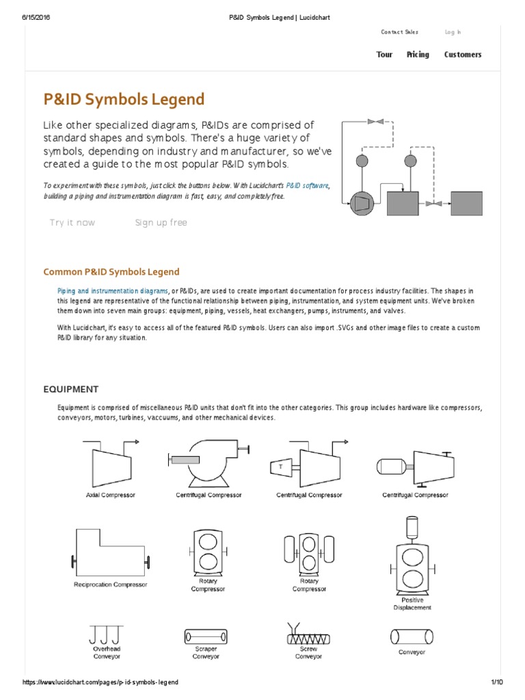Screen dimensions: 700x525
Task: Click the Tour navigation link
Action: [384, 55]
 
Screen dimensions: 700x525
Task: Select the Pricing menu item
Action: [418, 55]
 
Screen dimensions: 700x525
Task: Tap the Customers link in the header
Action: [463, 55]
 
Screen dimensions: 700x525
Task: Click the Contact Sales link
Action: [400, 32]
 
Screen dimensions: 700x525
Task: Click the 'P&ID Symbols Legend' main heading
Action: [124, 99]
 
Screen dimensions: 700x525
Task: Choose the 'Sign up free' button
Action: [161, 223]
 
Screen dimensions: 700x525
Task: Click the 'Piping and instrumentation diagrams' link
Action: [113, 291]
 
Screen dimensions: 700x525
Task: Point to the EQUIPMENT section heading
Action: [71, 389]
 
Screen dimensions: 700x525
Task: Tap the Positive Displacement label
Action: [412, 604]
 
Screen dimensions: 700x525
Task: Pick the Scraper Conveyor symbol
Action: [206, 637]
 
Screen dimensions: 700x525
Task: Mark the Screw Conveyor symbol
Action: [308, 636]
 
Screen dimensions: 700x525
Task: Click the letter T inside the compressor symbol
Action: [280, 466]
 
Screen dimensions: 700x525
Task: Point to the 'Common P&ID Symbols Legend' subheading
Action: [111, 271]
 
